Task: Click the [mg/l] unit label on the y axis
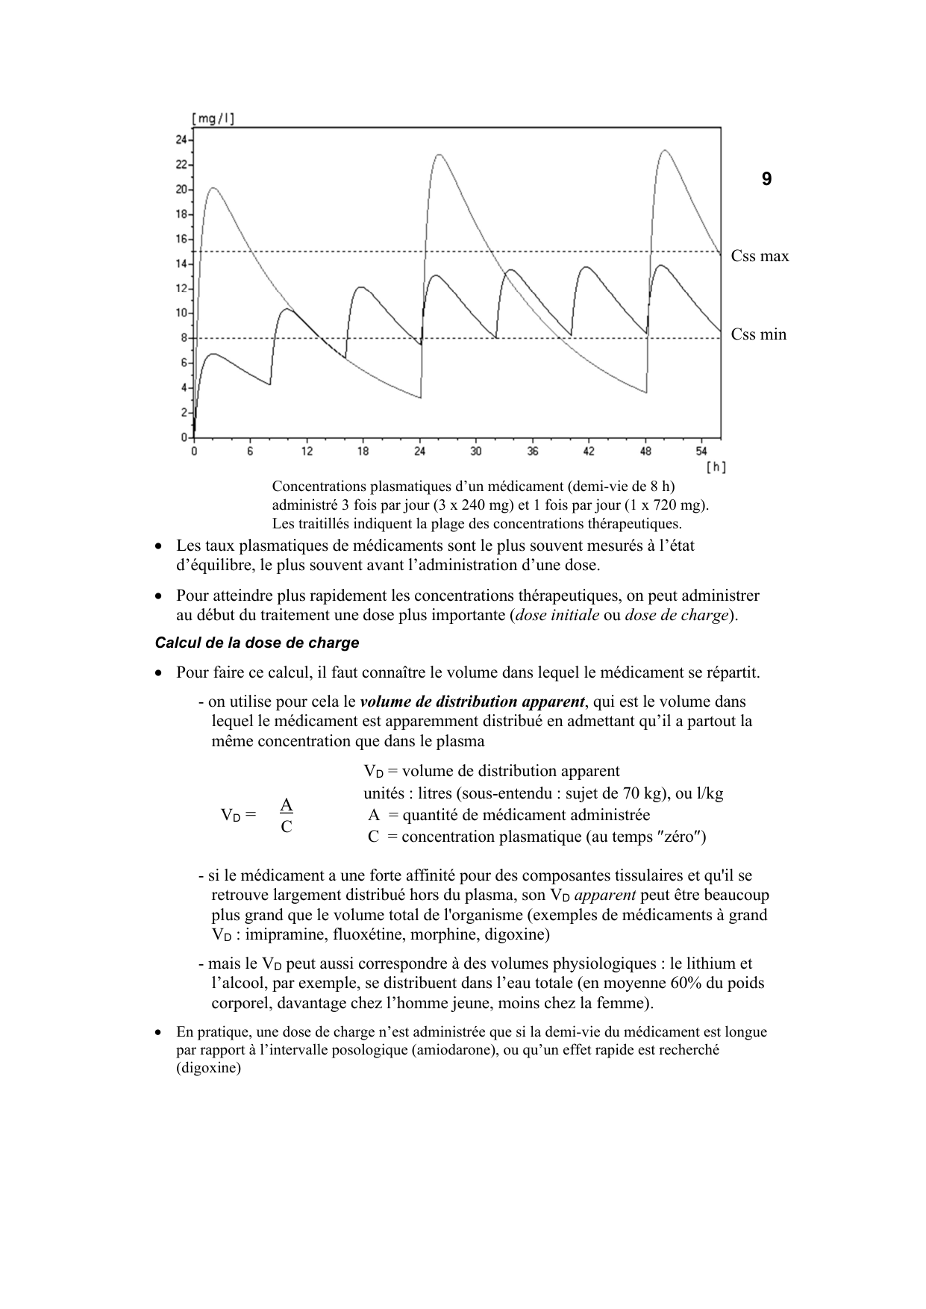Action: (x=213, y=118)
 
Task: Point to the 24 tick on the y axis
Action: (x=181, y=140)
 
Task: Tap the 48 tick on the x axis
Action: (x=645, y=452)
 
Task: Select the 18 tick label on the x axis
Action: (x=363, y=452)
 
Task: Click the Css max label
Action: (x=760, y=257)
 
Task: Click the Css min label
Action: (x=758, y=334)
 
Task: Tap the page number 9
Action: (x=766, y=179)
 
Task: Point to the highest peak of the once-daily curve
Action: (x=664, y=151)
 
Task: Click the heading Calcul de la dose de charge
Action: (x=257, y=643)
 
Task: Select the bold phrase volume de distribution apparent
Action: (x=472, y=702)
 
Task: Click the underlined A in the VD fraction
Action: (x=286, y=805)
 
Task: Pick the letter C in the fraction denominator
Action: (x=286, y=827)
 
